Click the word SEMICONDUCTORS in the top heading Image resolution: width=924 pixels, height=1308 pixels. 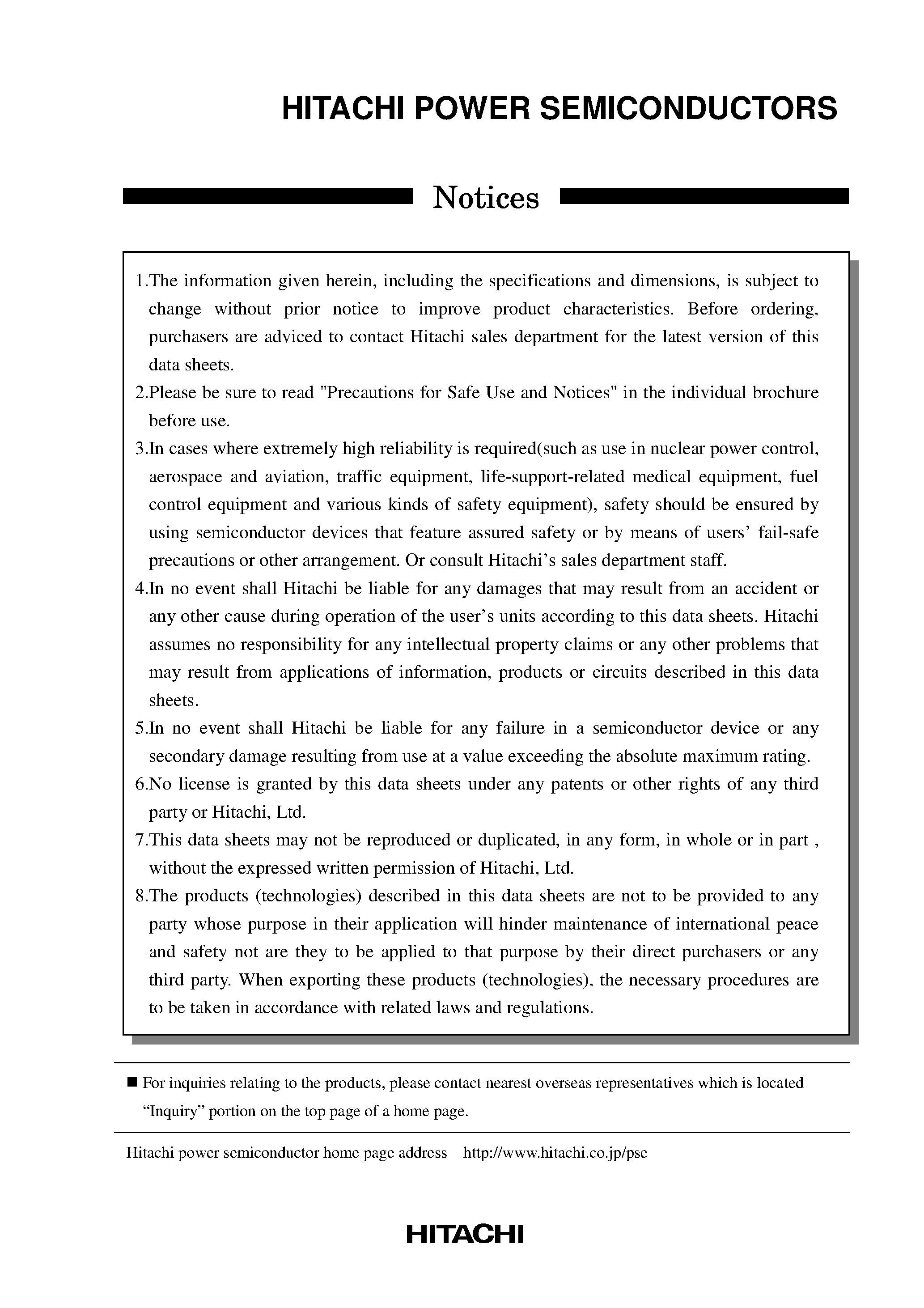click(688, 108)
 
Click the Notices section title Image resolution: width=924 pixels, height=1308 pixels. click(485, 198)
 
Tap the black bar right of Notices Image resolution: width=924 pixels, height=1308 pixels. click(704, 196)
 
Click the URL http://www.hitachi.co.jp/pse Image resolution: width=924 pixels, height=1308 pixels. click(555, 1153)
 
